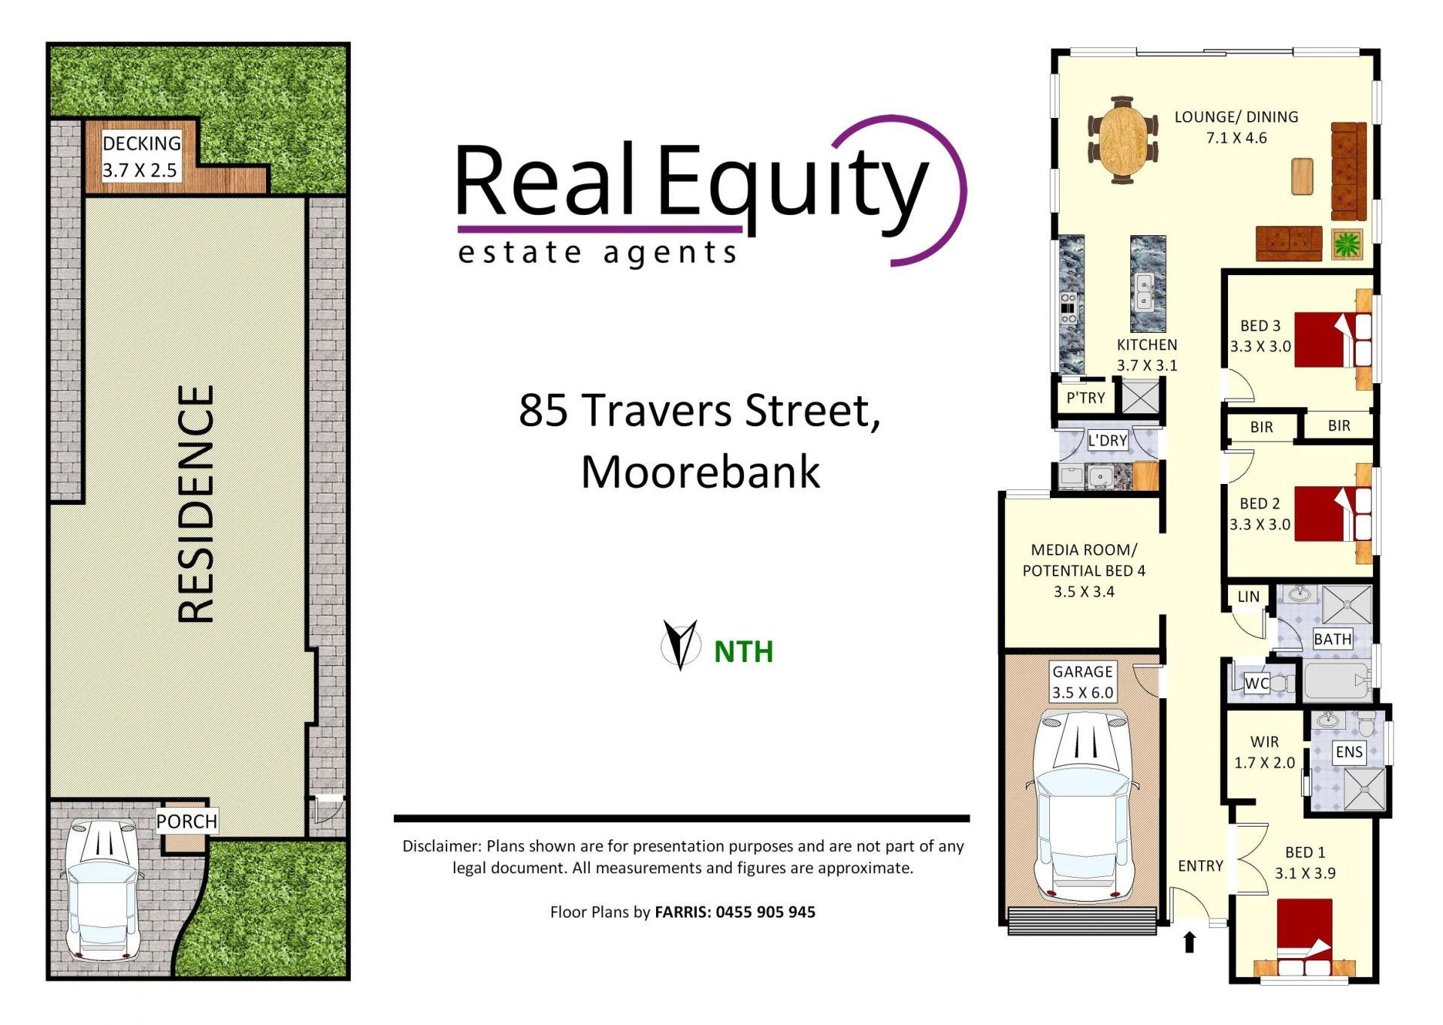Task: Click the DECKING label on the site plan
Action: pos(141,144)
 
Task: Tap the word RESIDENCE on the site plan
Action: pos(196,504)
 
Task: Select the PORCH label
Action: pos(186,821)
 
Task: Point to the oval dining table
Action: pos(1123,140)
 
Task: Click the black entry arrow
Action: pos(1189,942)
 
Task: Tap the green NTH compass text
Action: pos(743,652)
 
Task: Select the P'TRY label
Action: pos(1085,398)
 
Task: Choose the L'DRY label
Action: pos(1108,440)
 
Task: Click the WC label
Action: pos(1257,683)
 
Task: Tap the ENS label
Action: pos(1349,751)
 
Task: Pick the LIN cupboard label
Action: pos(1248,597)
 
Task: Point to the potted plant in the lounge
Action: pos(1347,243)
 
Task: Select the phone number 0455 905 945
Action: pos(765,912)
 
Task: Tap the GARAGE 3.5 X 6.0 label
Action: pos(1082,682)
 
